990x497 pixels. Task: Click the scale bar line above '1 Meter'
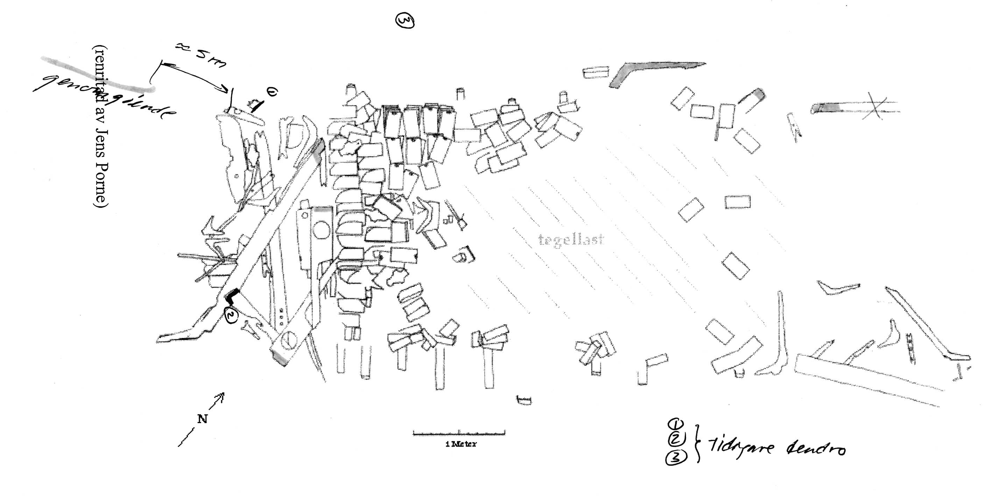click(x=459, y=433)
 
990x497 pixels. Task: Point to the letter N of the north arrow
click(x=202, y=419)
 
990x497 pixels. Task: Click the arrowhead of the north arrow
click(x=222, y=395)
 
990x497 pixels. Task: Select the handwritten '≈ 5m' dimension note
click(x=200, y=55)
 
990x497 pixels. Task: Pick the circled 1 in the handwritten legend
click(x=676, y=424)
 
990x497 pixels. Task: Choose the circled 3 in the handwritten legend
click(x=676, y=458)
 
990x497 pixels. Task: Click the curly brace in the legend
click(x=697, y=442)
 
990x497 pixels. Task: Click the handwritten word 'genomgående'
click(x=104, y=96)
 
